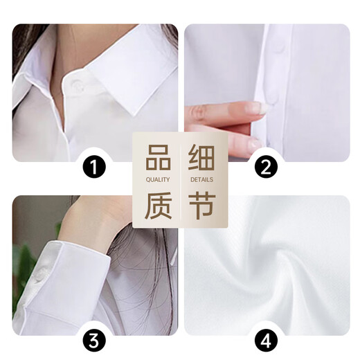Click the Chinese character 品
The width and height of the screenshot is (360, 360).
158,159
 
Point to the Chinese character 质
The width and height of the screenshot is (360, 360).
158,206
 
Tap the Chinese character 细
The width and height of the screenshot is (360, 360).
201,159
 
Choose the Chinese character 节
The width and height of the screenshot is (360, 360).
201,206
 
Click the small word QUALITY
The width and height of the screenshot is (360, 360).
158,180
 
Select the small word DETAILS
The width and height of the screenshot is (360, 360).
201,180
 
